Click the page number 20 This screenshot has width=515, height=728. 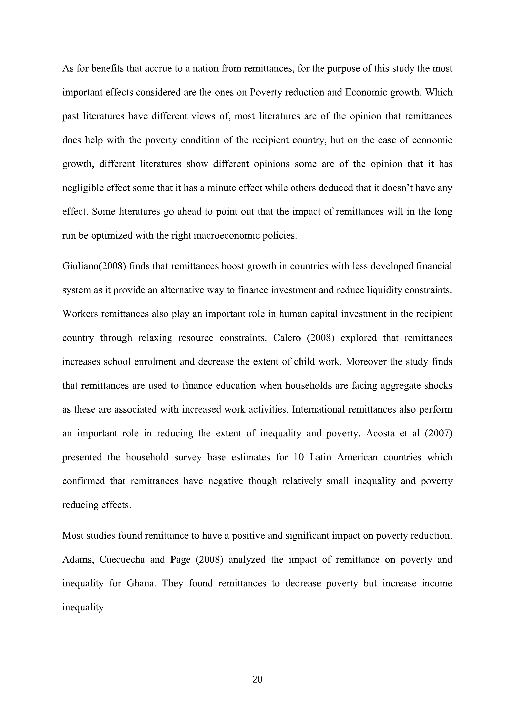click(257, 679)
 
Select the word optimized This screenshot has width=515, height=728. click(111, 236)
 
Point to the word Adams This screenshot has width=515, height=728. click(77, 559)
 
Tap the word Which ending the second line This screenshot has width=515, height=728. click(439, 92)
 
